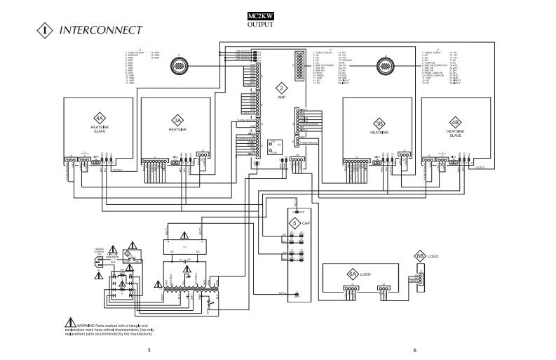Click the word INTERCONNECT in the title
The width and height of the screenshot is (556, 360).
102,30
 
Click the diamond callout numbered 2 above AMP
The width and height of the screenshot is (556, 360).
281,88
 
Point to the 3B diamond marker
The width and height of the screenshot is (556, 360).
379,120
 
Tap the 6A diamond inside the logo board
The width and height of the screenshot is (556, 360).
353,274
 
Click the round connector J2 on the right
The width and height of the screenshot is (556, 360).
384,66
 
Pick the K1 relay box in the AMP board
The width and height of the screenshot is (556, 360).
275,147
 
